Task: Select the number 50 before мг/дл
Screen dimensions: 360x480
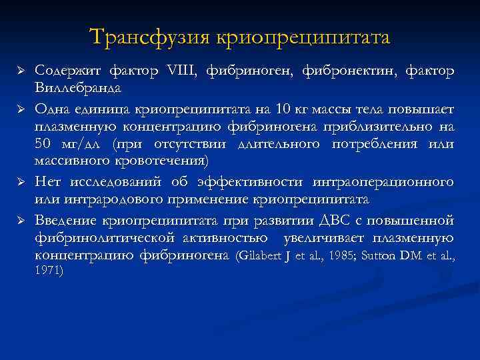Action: pyautogui.click(x=43, y=144)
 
